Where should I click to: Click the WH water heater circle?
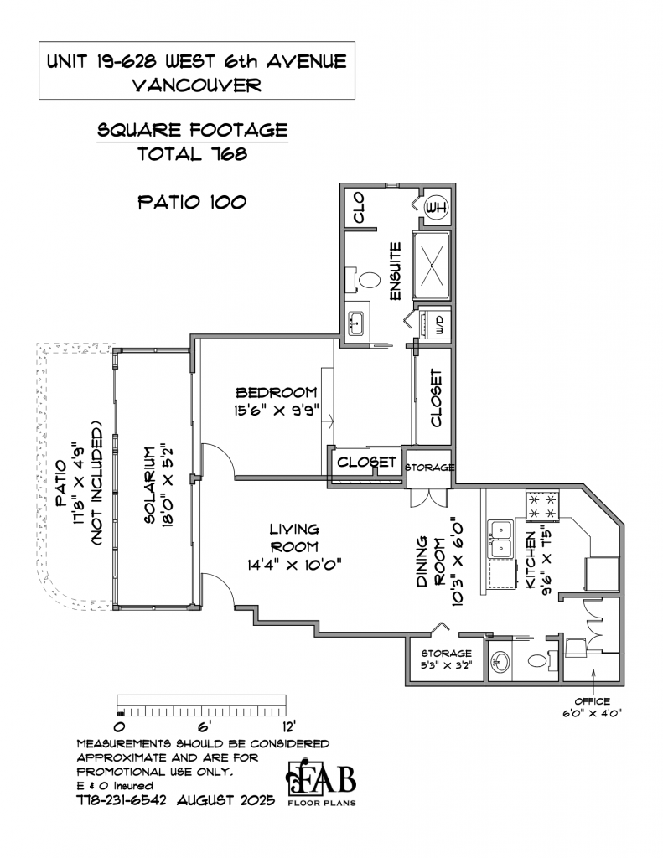(437, 208)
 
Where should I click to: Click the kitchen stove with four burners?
(542, 505)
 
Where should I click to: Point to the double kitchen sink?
(500, 539)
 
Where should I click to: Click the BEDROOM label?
(276, 393)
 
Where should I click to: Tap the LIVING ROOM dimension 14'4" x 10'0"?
(294, 564)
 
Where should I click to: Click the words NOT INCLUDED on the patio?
(97, 483)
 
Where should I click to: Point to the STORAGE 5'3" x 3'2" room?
(446, 659)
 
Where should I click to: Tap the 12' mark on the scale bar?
(288, 727)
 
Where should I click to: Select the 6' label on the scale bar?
(204, 727)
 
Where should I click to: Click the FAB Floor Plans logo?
(321, 783)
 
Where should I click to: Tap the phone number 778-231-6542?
(121, 800)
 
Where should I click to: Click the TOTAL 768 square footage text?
(192, 154)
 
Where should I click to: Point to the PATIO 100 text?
(192, 202)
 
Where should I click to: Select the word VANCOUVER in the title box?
(197, 85)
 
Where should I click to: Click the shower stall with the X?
(432, 265)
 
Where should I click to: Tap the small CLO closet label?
(359, 208)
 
